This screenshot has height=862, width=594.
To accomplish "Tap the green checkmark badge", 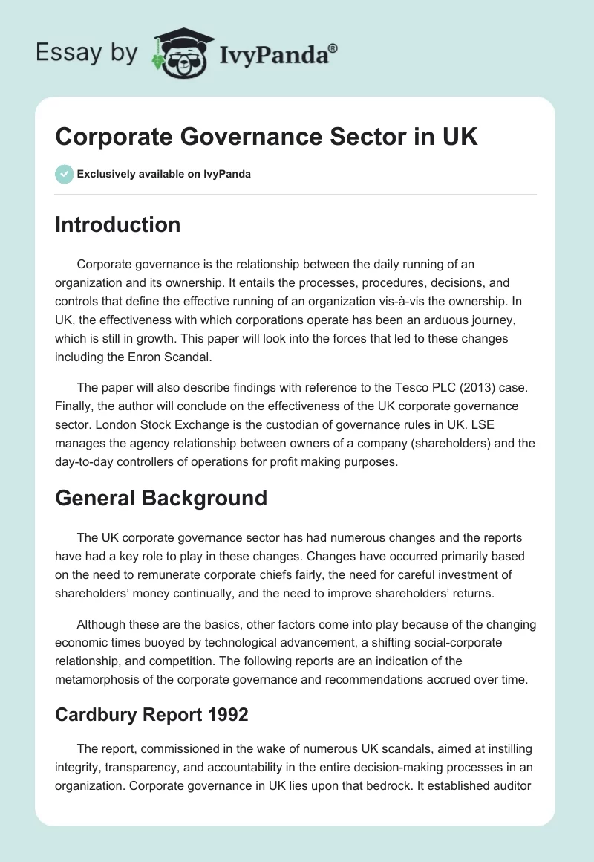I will [x=64, y=174].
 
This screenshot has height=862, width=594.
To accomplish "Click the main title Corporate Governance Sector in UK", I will [x=267, y=137].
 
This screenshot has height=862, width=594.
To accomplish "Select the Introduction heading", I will [x=118, y=224].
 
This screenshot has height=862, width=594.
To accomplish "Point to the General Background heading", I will [x=161, y=498].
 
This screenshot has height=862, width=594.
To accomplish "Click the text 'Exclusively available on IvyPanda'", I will [x=163, y=174].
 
